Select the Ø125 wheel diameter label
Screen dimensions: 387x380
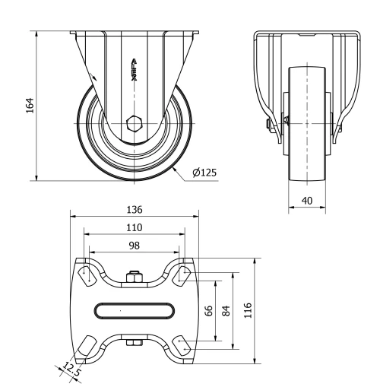[x=204, y=173]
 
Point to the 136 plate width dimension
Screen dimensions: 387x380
[x=135, y=209]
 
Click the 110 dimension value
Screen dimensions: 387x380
[x=135, y=227]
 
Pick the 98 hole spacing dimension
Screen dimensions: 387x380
[x=135, y=245]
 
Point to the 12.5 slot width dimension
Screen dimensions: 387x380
[x=71, y=370]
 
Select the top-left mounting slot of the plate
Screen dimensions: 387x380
[x=87, y=274]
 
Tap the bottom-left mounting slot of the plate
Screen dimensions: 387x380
[x=87, y=346]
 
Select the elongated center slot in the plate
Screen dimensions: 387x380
[x=135, y=310]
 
